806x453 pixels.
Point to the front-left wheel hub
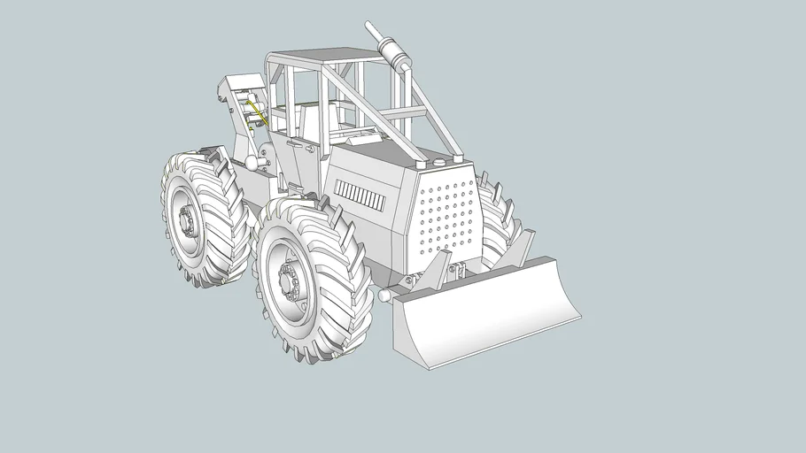[x=290, y=280]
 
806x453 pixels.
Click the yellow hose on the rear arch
[x=256, y=111]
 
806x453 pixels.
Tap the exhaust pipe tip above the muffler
[x=371, y=28]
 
